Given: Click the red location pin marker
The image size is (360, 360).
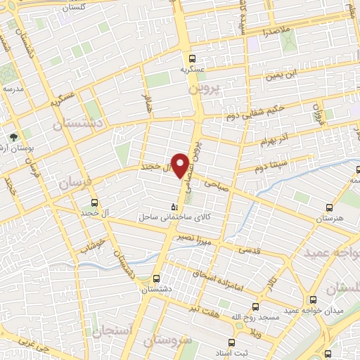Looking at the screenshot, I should [x=181, y=165].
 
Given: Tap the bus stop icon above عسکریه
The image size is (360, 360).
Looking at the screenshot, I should [x=193, y=59].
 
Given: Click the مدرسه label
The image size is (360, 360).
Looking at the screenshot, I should [x=13, y=89].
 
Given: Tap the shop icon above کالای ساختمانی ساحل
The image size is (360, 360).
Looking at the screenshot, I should [x=174, y=206].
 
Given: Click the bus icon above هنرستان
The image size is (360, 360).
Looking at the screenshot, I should [x=330, y=207].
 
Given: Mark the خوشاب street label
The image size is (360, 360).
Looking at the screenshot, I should [x=91, y=246].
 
